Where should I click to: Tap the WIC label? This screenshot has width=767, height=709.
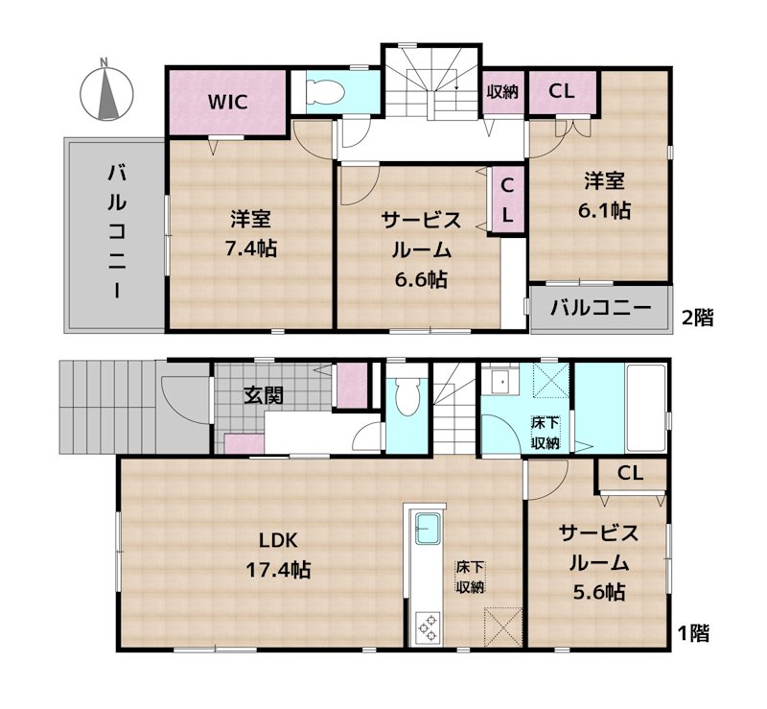coord(226,102)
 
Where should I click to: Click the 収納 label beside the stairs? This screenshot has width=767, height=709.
coord(501,92)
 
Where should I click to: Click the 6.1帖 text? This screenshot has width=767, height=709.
coord(607,210)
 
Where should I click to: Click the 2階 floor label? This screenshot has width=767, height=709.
coord(696,319)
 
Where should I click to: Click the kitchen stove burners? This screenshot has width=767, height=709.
coord(426,627)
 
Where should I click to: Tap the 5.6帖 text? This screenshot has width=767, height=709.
coord(599,592)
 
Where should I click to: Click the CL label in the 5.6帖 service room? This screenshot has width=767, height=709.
coord(629,473)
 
